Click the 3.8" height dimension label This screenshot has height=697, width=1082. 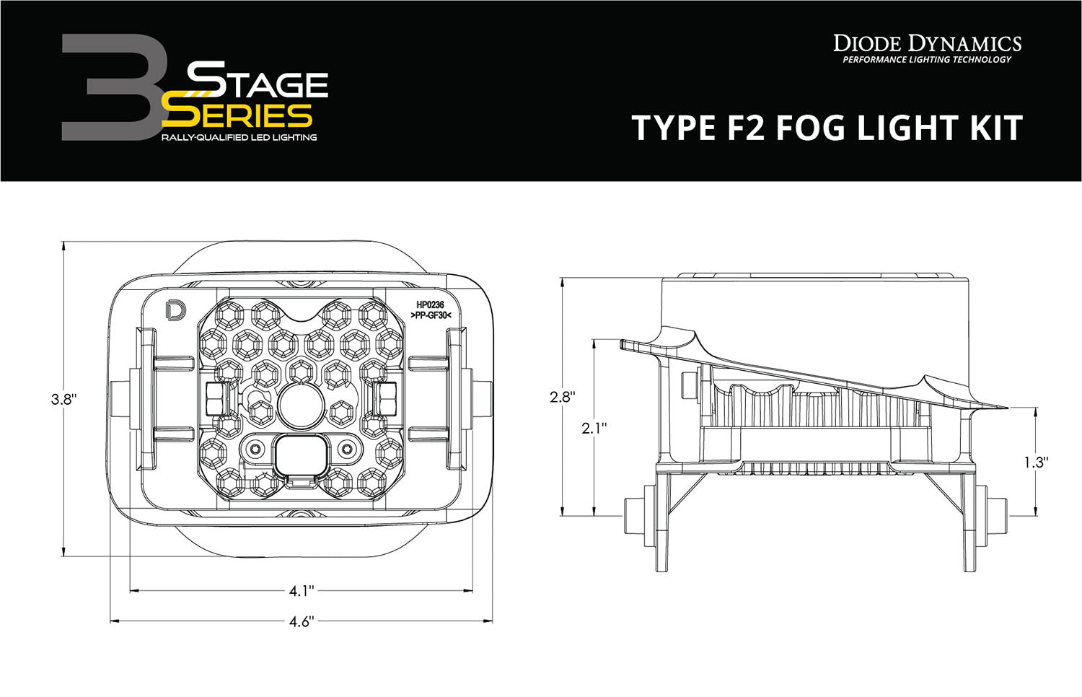coord(63,399)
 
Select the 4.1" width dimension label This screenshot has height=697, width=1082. coord(302,592)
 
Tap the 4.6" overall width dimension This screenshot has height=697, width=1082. coord(301,621)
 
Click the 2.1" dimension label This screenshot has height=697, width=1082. coord(594,428)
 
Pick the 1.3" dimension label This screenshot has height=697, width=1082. coord(1034,463)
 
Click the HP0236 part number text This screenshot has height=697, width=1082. coord(430,306)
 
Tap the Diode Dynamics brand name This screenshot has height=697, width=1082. coord(927,43)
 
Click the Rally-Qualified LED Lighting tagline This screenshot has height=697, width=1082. coord(239,137)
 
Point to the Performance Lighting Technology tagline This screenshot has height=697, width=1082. coord(927,60)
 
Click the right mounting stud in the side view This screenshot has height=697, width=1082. coord(998,516)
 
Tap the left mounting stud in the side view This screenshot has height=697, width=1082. coord(633,516)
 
